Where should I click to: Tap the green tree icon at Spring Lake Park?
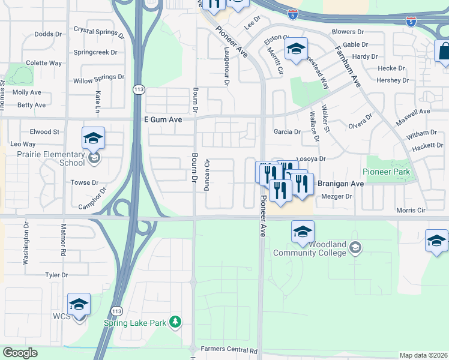pos(176,323)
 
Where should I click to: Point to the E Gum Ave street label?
pos(163,119)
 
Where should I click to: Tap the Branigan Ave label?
pos(340,184)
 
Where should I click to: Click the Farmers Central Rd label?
pos(229,350)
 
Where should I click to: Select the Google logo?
pos(20,353)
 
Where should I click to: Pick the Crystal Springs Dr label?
pos(98,29)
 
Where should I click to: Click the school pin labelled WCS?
pos(79,305)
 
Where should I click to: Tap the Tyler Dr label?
pos(56,275)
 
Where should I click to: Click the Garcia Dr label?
pos(287,131)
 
